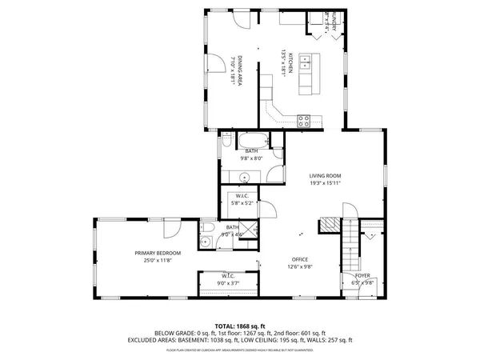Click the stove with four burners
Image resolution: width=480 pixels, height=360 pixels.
click(x=304, y=121)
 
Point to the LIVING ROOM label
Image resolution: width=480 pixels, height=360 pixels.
click(x=326, y=175)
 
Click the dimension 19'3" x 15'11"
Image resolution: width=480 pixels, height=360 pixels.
click(x=326, y=182)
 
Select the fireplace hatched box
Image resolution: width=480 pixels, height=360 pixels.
click(x=328, y=225)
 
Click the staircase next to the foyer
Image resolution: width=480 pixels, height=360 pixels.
click(x=350, y=247)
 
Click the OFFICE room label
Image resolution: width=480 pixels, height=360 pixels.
click(x=300, y=260)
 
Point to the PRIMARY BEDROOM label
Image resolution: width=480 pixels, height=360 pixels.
click(x=158, y=253)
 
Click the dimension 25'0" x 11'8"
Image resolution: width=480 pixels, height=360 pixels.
click(x=158, y=260)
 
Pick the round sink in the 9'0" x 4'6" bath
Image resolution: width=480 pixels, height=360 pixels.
click(x=206, y=242)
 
